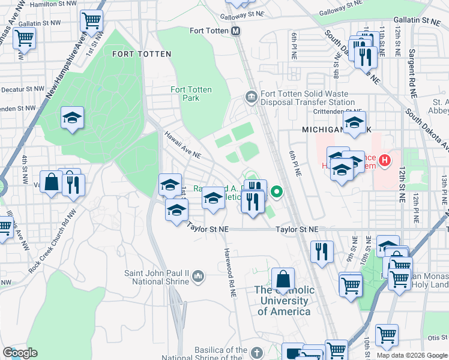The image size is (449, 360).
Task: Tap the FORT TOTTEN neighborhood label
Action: click(142, 54)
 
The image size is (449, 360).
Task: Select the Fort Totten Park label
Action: click(191, 94)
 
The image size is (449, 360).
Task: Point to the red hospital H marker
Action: click(384, 160)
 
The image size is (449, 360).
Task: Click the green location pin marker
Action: click(277, 193)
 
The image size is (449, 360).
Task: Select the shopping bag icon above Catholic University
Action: click(283, 279)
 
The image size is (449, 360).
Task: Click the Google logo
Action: click(20, 353)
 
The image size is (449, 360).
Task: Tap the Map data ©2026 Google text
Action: click(411, 355)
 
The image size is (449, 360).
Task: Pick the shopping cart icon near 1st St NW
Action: click(92, 20)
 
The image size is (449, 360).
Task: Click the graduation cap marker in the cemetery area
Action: click(72, 118)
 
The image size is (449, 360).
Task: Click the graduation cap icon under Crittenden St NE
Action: click(355, 124)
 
